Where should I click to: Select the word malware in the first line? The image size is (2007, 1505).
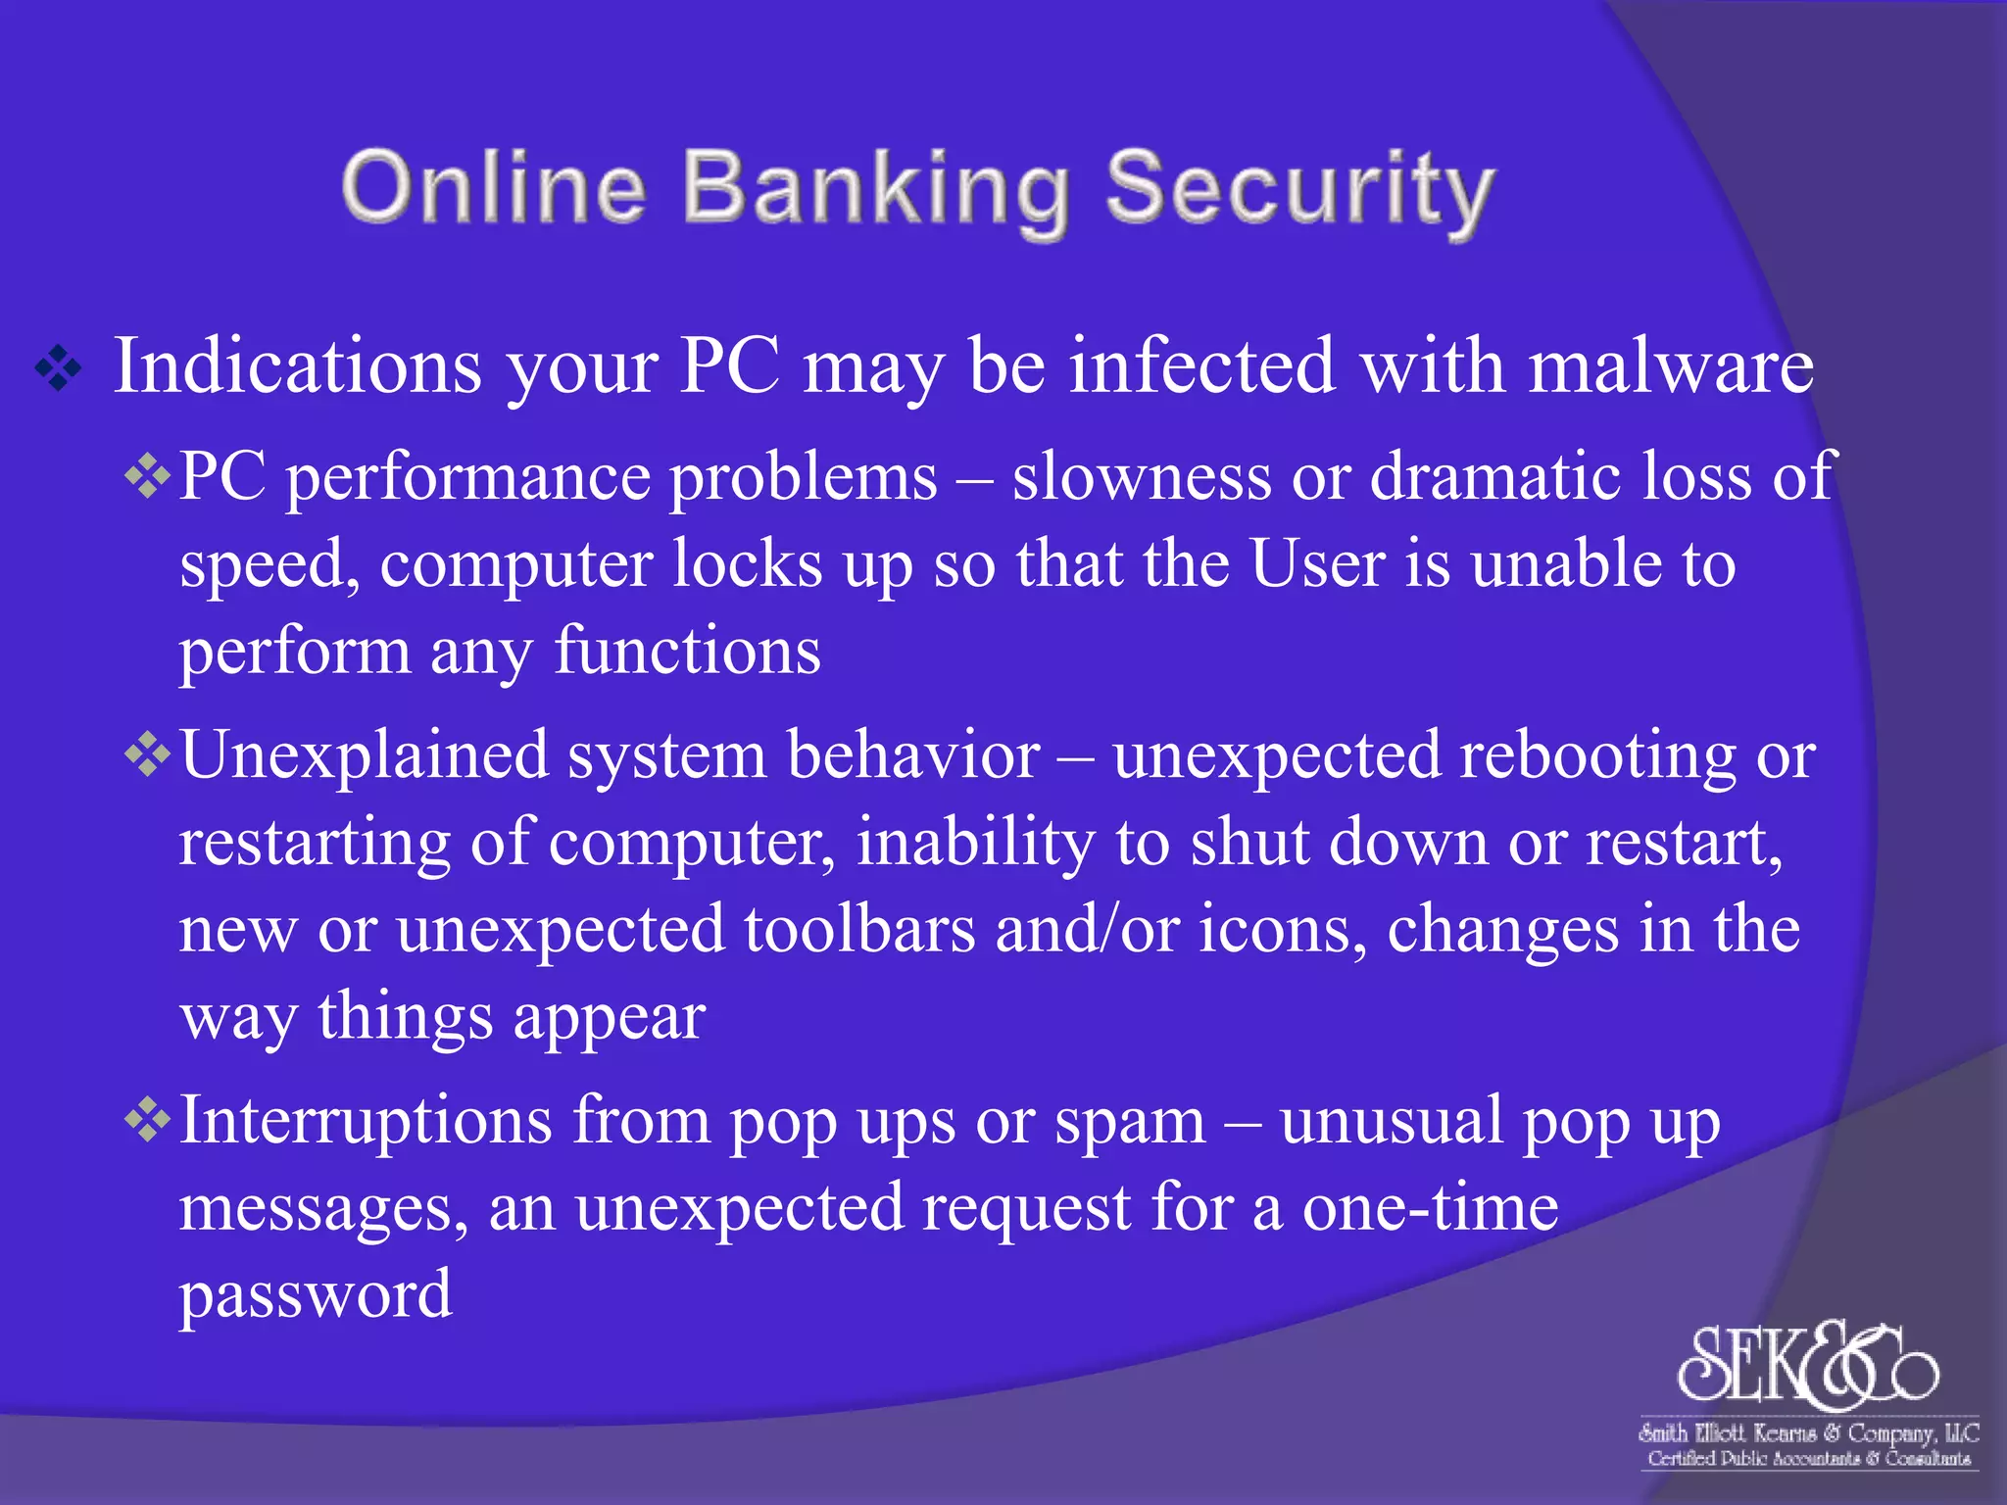[1671, 366]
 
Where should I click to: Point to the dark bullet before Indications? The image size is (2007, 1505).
[59, 369]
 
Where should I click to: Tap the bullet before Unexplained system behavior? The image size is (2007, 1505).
[148, 756]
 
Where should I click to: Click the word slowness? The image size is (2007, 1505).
[1142, 478]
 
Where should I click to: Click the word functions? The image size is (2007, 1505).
[687, 652]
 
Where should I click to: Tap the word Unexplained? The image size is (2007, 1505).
[364, 756]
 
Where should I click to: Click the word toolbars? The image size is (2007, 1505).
[859, 930]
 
